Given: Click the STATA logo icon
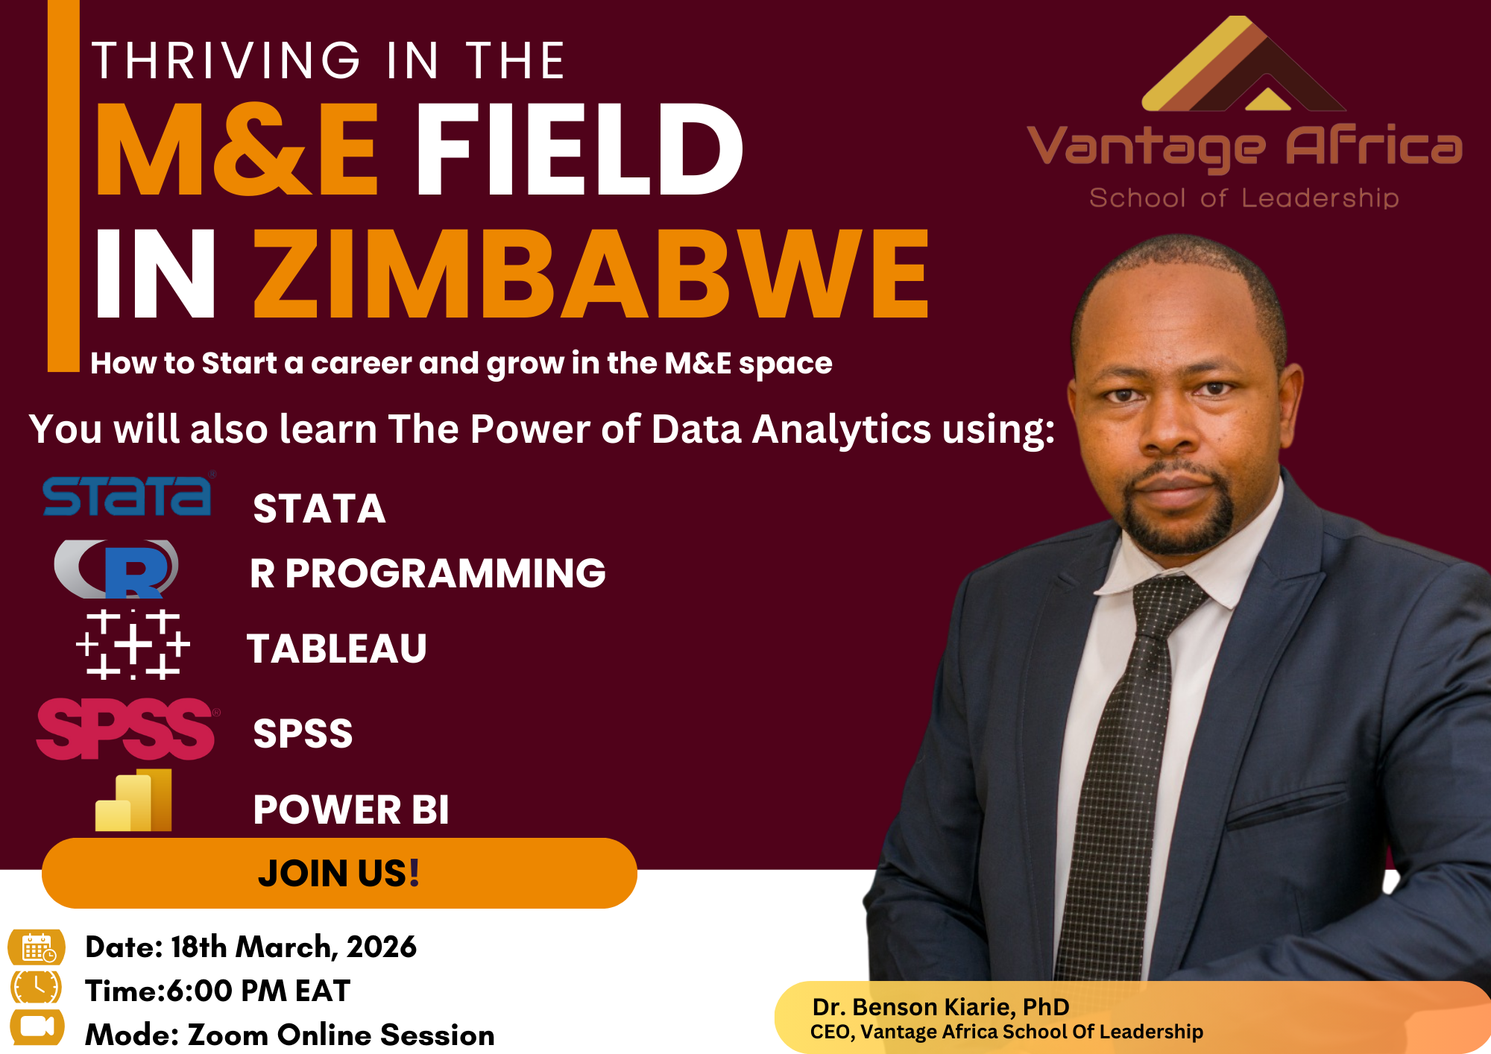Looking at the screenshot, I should (x=127, y=496).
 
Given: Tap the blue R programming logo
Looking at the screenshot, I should (x=119, y=569).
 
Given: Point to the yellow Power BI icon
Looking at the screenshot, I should (x=134, y=801).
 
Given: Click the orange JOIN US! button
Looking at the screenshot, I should (x=339, y=873).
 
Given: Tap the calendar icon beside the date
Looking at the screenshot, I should (x=37, y=947).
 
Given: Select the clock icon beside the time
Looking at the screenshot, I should (x=37, y=988).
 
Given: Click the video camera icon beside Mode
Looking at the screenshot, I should (x=37, y=1027).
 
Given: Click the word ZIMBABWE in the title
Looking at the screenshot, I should (x=592, y=274).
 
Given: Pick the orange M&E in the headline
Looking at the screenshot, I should (x=237, y=151).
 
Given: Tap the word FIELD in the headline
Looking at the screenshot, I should (x=579, y=151).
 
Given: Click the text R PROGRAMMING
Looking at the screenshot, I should (x=428, y=573).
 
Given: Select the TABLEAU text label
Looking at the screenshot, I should (x=337, y=649).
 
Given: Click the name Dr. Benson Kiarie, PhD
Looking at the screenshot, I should (x=941, y=1007).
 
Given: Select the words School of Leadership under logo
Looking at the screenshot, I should (x=1243, y=198).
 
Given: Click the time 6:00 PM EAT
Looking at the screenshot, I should (x=258, y=991).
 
